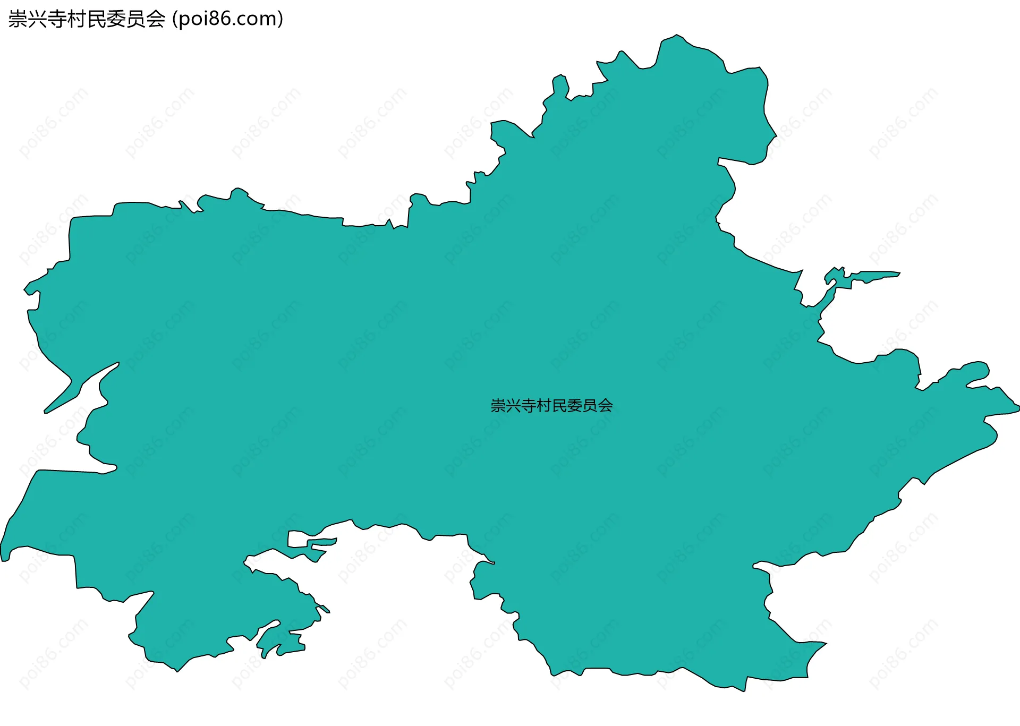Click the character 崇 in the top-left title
[18, 19]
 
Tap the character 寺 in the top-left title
[57, 19]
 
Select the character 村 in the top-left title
[76, 19]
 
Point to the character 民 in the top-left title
[96, 19]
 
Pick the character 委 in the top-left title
[116, 19]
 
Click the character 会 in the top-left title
[155, 19]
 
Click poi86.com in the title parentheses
[228, 19]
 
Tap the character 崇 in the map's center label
[498, 406]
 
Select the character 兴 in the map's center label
[514, 406]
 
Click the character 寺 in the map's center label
[529, 406]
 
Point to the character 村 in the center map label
[545, 406]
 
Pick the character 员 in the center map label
[590, 406]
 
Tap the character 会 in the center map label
[606, 406]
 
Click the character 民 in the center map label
[559, 406]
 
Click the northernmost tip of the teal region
[676, 36]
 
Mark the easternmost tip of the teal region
[1018, 407]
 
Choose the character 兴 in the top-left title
[37, 19]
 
